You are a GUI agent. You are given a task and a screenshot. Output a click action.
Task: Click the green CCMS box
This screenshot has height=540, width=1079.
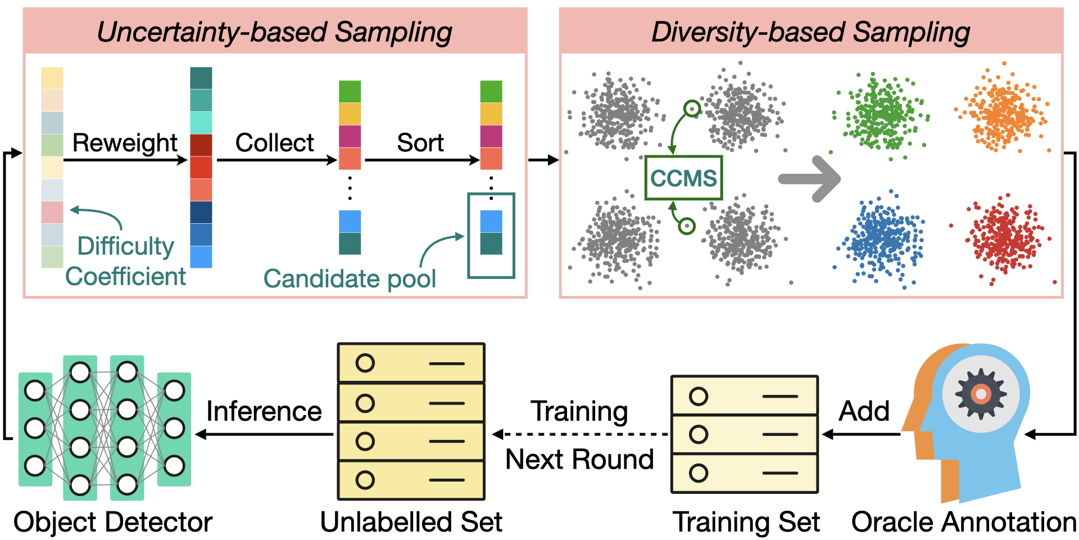683,178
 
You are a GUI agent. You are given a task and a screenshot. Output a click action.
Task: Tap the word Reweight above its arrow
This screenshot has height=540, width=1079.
125,143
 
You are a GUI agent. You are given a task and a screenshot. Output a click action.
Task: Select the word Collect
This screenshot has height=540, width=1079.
274,143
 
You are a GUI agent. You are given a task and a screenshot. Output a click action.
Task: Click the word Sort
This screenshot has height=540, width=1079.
420,143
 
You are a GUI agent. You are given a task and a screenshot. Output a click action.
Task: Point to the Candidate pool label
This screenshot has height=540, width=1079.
350,278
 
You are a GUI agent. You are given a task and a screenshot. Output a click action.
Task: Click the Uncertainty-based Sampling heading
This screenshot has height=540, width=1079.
274,31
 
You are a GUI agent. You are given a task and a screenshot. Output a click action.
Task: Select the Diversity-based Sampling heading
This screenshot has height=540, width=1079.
810,31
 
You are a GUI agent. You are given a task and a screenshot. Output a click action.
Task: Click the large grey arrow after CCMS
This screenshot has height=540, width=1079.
809,179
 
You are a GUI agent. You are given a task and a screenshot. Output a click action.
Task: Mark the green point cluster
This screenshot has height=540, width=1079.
881,114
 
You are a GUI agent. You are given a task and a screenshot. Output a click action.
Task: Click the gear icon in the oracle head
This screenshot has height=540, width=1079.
981,394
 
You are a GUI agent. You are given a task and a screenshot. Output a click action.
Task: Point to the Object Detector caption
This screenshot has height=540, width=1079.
113,522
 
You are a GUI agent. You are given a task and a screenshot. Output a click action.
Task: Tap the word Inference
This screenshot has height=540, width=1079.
264,411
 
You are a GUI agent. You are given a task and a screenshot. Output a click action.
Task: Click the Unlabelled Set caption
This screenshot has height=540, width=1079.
411,522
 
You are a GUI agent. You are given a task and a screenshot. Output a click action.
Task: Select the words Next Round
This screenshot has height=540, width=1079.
579,460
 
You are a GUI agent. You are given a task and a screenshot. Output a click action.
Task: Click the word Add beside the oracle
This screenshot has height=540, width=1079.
864,411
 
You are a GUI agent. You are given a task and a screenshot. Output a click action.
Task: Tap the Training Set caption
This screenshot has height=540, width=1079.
746,522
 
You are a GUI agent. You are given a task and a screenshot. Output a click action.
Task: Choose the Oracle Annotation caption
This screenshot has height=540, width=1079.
963,522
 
